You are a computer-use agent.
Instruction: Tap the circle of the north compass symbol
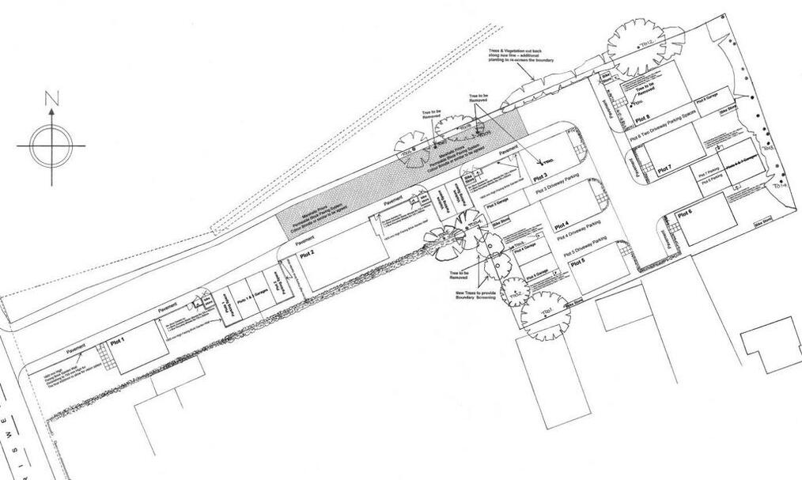click(x=52, y=145)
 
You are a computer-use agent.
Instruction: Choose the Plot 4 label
click(x=562, y=224)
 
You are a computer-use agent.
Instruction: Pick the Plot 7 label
click(x=664, y=168)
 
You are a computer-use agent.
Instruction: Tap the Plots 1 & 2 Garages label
click(x=238, y=301)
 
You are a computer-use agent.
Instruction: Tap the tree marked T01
click(x=546, y=315)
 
